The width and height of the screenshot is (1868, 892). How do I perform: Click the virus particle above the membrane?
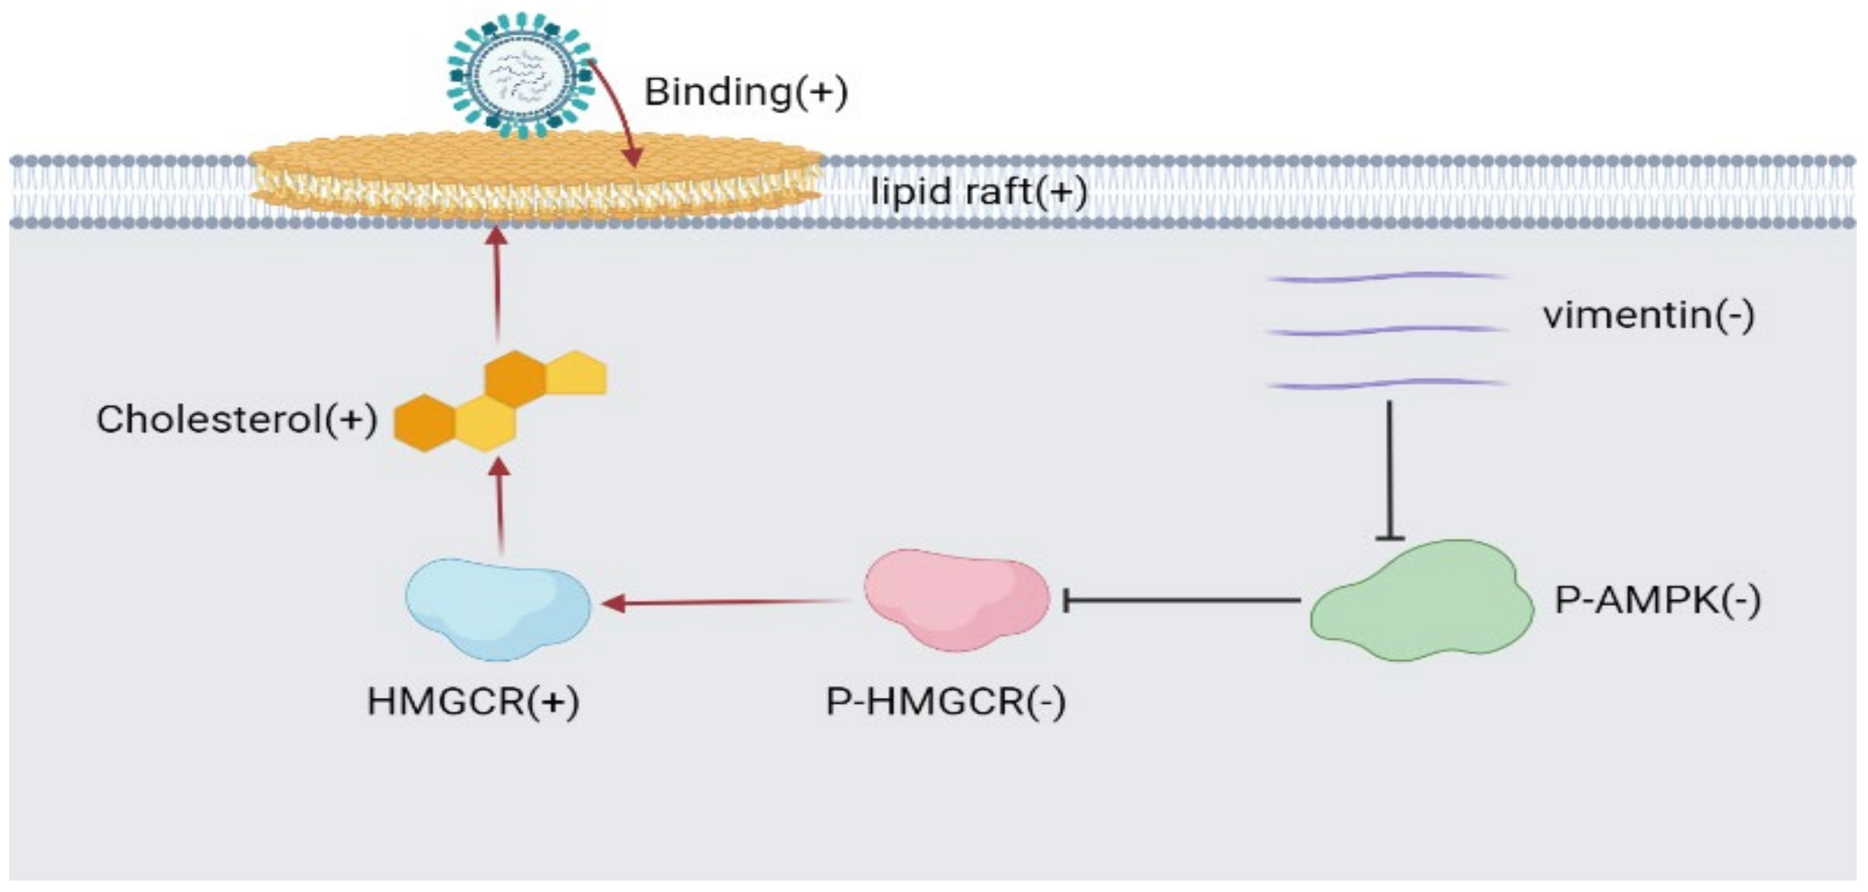pyautogui.click(x=520, y=75)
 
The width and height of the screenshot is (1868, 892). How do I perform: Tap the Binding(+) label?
pyautogui.click(x=746, y=92)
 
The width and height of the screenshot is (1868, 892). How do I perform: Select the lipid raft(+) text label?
pyautogui.click(x=978, y=192)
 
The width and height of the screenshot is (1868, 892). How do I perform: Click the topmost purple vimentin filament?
pyautogui.click(x=1386, y=276)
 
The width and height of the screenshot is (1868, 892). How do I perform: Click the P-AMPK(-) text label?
pyautogui.click(x=1657, y=600)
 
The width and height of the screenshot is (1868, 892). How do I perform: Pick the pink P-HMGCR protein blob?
pyautogui.click(x=956, y=599)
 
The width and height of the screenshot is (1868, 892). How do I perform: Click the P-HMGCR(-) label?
pyautogui.click(x=945, y=701)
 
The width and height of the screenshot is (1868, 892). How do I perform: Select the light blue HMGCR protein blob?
pyautogui.click(x=497, y=608)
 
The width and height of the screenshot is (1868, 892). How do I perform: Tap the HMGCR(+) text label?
pyautogui.click(x=473, y=701)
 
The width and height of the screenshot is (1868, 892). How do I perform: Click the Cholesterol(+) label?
pyautogui.click(x=236, y=420)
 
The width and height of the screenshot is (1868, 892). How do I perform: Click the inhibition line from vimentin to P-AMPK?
pyautogui.click(x=1389, y=471)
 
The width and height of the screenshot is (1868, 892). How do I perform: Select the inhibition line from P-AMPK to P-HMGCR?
pyautogui.click(x=1182, y=600)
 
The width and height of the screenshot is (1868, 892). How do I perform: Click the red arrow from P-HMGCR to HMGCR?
pyautogui.click(x=725, y=602)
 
